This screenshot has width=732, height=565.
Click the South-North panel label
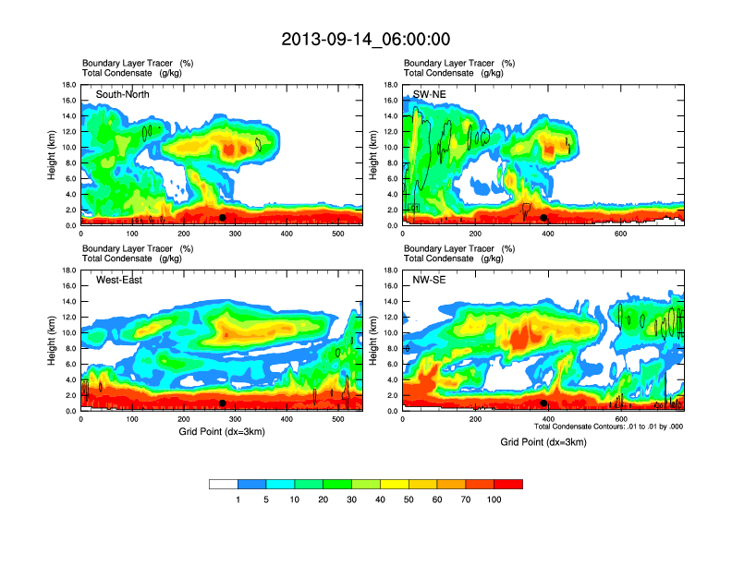point(123,94)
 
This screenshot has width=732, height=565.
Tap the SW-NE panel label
point(431,94)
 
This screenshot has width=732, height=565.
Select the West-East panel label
point(119,280)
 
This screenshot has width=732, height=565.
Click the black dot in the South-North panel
point(223,218)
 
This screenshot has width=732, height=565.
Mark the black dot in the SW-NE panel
point(543,218)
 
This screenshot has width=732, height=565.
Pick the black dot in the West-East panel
point(223,403)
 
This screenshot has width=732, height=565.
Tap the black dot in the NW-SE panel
point(543,403)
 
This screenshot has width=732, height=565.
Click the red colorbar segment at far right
point(508,484)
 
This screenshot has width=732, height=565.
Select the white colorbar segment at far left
point(224,484)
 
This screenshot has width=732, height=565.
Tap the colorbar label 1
point(238,499)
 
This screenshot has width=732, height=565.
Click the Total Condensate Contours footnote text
point(608,427)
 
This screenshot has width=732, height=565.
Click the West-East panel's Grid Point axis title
point(222,431)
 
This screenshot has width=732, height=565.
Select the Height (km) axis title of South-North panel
point(53,155)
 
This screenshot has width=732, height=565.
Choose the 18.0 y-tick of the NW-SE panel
point(390,270)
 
